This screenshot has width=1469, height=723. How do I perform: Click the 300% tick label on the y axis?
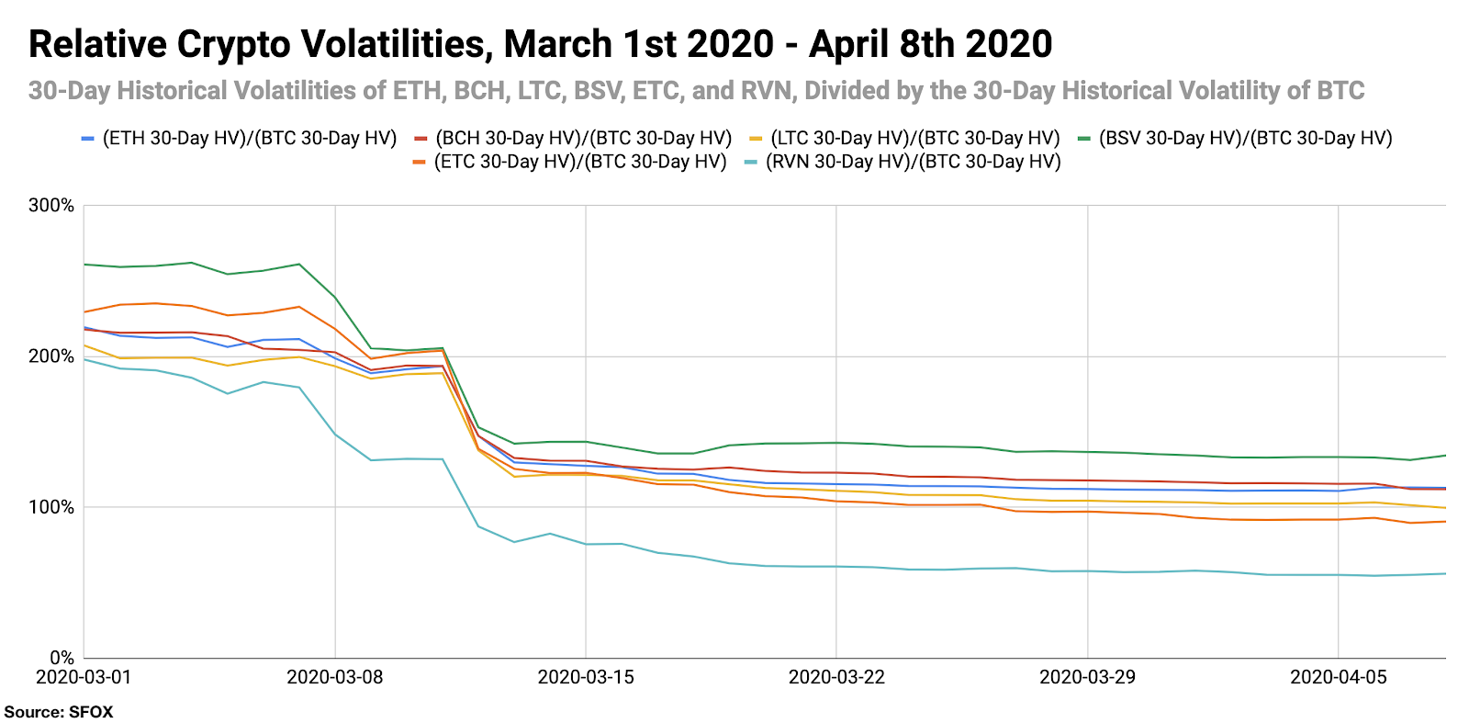pos(51,206)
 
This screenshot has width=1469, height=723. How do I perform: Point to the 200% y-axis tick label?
pos(51,356)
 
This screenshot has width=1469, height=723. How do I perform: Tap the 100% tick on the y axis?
pos(51,507)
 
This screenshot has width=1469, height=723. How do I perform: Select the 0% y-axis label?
pos(62,658)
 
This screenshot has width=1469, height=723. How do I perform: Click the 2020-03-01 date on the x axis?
pos(84,678)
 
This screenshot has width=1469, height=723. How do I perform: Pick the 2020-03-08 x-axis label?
pos(334,678)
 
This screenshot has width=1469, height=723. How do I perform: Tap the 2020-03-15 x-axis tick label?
pos(586,678)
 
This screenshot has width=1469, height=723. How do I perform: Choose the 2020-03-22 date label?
pos(836,678)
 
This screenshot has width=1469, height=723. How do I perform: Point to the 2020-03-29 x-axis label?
pos(1087,678)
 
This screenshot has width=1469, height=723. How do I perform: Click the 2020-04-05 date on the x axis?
pos(1338,678)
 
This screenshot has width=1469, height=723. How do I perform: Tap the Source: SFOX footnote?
pos(59,712)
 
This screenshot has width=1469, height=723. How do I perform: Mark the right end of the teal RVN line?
pos(1445,574)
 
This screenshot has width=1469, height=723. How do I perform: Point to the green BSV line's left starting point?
pos(84,265)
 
